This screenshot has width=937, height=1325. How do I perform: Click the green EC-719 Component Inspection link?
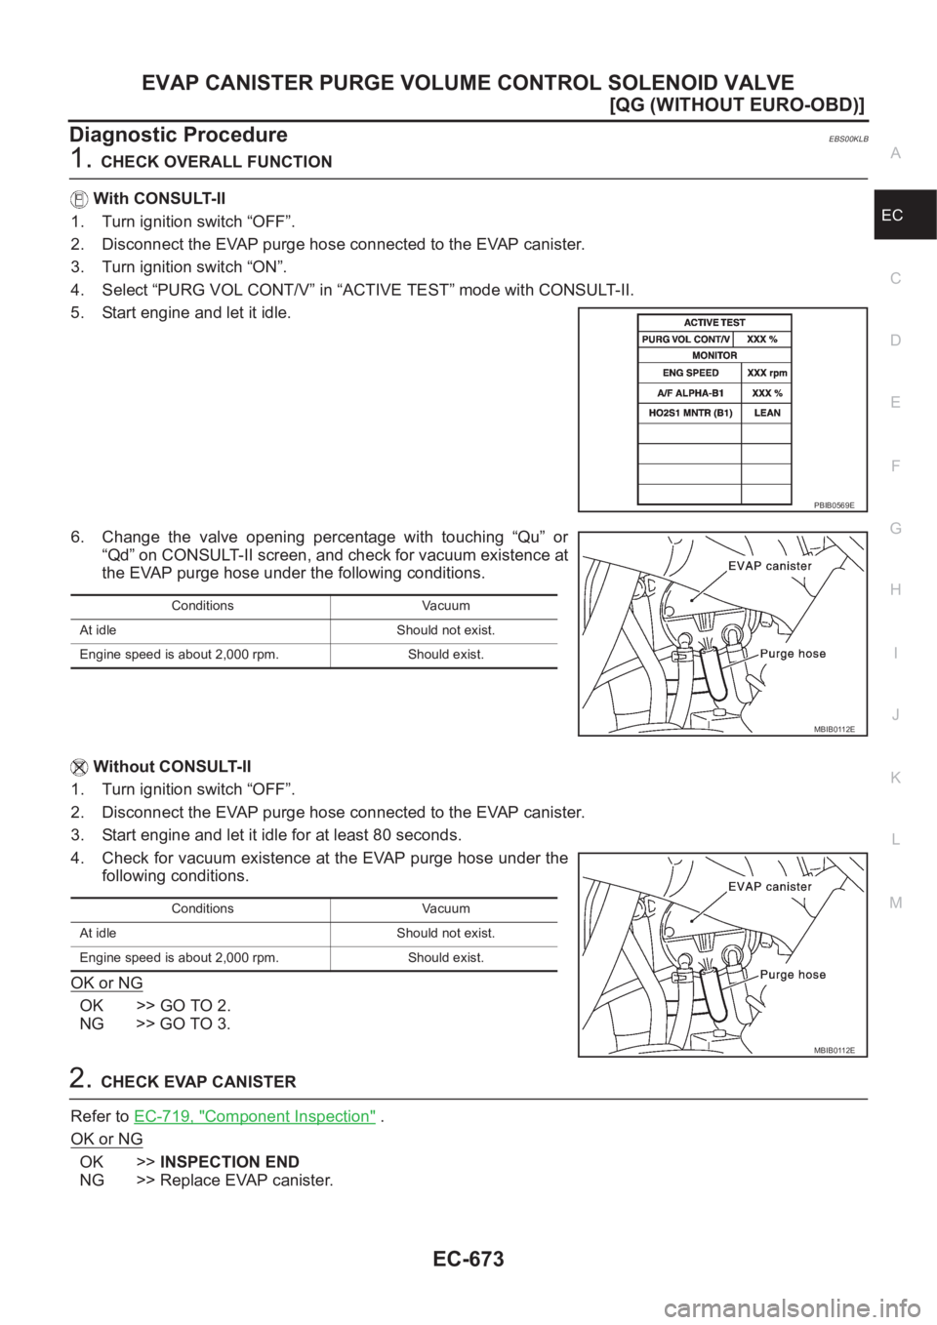255,1116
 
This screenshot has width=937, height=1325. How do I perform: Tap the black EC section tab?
905,215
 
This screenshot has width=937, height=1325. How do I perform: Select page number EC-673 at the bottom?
468,1260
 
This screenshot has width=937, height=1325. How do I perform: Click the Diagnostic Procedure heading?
179,135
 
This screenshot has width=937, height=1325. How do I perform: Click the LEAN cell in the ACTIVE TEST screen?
766,413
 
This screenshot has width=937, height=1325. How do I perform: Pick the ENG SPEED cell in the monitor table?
690,373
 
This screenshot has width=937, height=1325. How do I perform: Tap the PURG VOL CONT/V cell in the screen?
685,340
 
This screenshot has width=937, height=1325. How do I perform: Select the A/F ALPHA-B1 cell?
690,393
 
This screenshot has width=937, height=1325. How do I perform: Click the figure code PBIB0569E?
835,505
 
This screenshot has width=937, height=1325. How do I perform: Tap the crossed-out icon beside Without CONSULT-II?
79,767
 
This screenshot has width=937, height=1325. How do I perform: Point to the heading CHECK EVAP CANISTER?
199,1082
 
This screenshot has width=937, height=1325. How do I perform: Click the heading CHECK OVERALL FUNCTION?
217,162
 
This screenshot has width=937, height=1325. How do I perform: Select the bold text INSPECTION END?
229,1162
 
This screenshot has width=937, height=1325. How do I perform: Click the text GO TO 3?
195,1024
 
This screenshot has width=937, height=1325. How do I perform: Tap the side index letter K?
895,778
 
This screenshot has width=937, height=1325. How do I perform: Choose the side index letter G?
895,528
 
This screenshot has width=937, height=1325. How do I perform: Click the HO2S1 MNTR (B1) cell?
690,413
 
